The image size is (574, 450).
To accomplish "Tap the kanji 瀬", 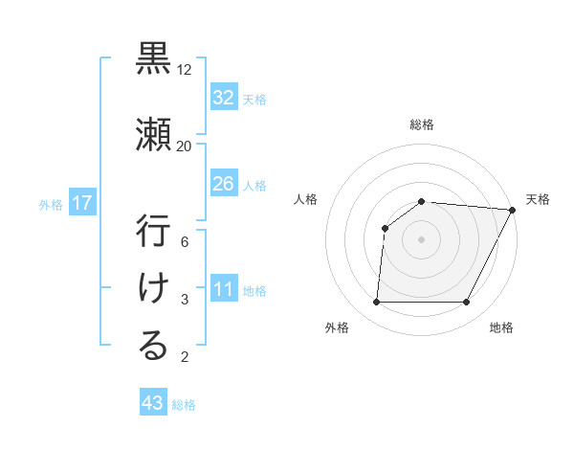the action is (x=153, y=132).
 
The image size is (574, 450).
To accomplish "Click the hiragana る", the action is (x=153, y=346).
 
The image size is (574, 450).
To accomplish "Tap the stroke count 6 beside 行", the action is (x=186, y=242).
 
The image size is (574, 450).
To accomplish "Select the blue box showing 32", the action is (x=223, y=98).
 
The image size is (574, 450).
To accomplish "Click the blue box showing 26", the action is (x=223, y=184).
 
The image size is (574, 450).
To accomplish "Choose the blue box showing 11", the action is (x=223, y=289).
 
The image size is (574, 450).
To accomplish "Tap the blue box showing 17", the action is (x=82, y=203).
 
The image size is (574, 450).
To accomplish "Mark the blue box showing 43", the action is (x=152, y=403).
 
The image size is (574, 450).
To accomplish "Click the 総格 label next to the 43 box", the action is (x=184, y=405).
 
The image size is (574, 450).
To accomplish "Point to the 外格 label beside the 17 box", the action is (x=51, y=204).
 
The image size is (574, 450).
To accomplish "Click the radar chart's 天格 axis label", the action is (x=538, y=199).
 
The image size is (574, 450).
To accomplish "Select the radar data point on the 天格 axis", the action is (x=513, y=210).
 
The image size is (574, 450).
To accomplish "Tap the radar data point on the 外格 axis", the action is (x=377, y=303).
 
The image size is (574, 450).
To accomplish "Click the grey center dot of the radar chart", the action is (x=421, y=239).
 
